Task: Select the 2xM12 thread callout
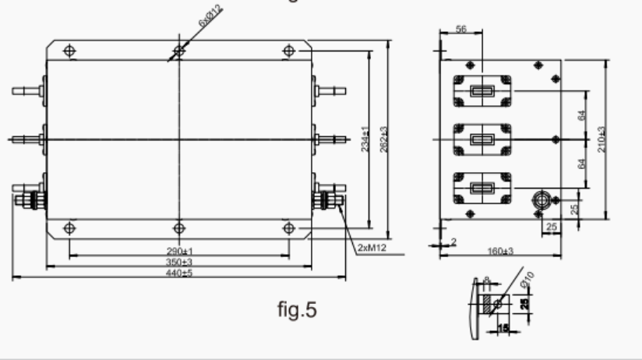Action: [x=372, y=248]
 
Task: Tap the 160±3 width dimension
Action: [x=499, y=250]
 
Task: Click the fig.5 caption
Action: [x=298, y=309]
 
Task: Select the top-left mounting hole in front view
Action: [x=69, y=51]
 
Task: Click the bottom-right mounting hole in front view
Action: [x=289, y=228]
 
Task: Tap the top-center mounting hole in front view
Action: [x=178, y=51]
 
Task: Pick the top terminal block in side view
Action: [x=481, y=92]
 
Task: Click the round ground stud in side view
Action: [x=540, y=199]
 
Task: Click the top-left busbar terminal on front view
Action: [x=28, y=91]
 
